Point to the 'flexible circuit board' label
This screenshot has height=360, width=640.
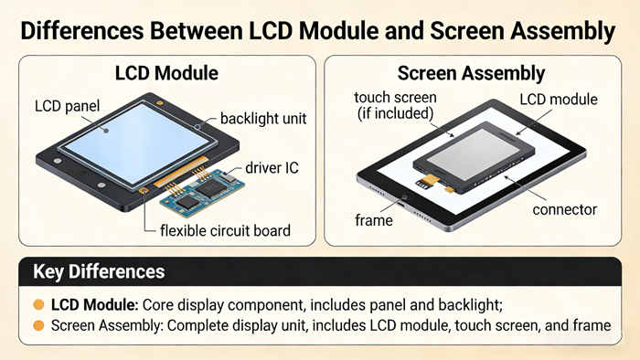(225, 230)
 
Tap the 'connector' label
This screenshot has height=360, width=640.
(564, 209)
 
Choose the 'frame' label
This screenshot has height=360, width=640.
(373, 220)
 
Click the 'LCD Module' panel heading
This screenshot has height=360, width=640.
(166, 73)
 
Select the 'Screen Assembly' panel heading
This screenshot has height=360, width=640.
(472, 73)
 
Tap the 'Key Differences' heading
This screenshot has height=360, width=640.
(99, 271)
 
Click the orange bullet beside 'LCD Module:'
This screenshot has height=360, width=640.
(38, 304)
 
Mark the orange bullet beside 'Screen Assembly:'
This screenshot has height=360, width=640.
(38, 324)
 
